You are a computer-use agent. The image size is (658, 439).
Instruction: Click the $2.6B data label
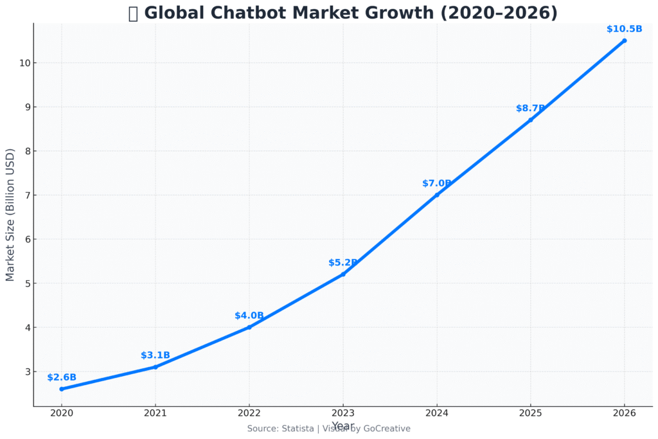click(62, 377)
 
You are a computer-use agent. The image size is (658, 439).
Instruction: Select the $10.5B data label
click(624, 29)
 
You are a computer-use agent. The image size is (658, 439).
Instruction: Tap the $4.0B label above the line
click(249, 316)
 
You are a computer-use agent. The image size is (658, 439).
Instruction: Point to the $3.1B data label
click(156, 355)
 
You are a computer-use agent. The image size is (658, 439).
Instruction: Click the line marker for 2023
click(342, 274)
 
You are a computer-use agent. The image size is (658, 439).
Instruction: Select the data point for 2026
click(624, 40)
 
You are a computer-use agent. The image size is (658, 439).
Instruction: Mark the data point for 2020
click(62, 389)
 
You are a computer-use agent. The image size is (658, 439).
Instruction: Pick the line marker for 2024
click(436, 195)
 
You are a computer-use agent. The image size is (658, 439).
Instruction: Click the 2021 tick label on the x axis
click(156, 413)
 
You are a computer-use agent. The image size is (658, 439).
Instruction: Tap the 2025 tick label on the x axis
click(530, 413)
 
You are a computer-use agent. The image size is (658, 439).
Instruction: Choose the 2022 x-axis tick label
click(249, 413)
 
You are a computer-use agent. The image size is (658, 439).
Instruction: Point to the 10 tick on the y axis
click(23, 63)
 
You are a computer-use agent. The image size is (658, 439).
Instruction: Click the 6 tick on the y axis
click(26, 239)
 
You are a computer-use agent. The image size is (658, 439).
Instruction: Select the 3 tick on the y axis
click(26, 372)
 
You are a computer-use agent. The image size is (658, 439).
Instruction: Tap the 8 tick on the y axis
click(26, 151)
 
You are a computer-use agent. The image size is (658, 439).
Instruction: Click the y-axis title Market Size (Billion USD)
click(10, 215)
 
